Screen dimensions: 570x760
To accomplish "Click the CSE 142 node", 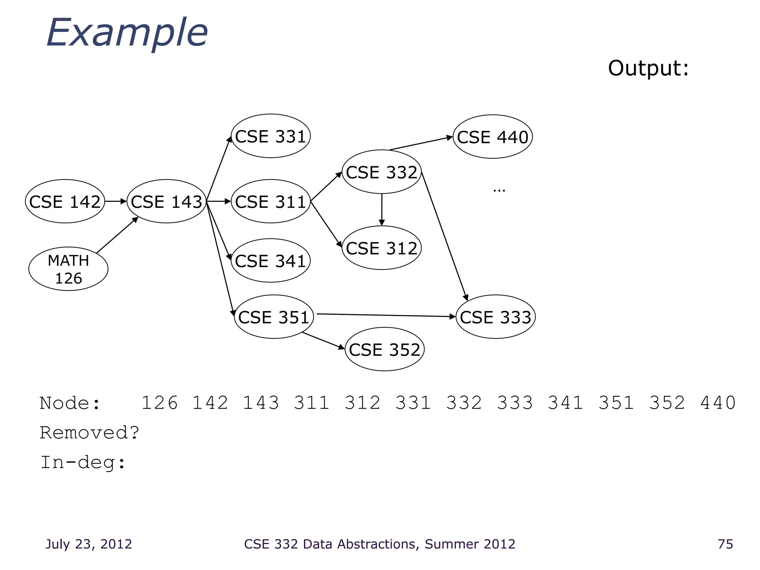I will pos(65,202).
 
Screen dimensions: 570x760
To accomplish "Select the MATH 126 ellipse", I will pos(68,269).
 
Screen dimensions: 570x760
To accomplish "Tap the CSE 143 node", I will pos(166,202).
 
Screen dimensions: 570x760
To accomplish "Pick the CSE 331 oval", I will pos(271,136).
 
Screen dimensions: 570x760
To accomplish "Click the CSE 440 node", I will pos(492,137).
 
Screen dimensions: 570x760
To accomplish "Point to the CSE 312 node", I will pos(381,248).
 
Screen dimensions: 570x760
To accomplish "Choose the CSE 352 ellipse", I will pos(384,350).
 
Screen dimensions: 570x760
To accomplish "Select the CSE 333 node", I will pos(495,317).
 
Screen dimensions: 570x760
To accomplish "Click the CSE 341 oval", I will pos(271,261).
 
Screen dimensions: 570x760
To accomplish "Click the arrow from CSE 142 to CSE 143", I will pos(115,202).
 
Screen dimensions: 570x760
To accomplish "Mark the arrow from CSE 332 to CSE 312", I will pos(381,210).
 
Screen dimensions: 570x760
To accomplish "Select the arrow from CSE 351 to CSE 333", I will pos(386,315).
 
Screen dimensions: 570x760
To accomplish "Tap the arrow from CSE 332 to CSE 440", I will pos(421,143).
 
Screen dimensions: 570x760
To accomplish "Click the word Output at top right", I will pos(648,68).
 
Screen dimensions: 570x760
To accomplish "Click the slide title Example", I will pos(127,33).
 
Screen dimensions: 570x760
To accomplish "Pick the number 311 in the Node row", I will pos(311,403).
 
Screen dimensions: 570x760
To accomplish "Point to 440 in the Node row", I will pos(718,403).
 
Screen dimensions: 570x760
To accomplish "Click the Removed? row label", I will pos(89,433).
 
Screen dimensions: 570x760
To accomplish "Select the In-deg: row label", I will pos(83,463).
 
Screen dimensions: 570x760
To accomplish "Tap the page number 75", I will pos(725,544).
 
